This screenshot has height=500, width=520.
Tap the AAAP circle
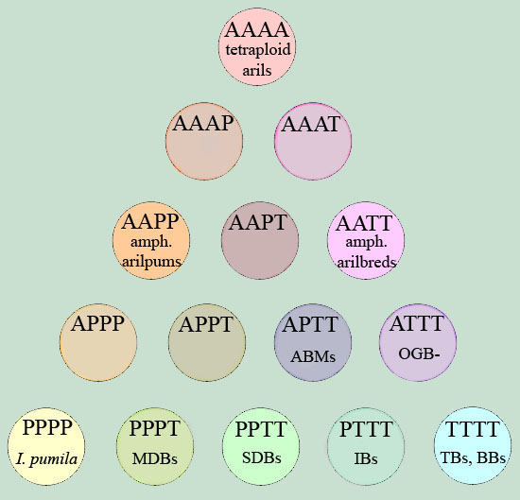204,143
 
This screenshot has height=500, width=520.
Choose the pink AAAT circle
313,143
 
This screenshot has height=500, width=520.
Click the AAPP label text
150,222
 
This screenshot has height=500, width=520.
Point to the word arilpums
151,261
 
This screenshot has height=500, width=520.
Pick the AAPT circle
260,239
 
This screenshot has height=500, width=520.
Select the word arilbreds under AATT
367,261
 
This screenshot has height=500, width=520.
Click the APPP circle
98,341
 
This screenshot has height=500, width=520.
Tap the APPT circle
207,341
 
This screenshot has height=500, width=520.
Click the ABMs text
313,356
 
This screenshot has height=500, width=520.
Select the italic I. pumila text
46,460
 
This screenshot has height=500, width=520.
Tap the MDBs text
155,459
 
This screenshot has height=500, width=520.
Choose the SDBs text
261,459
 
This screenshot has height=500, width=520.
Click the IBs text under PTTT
367,459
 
